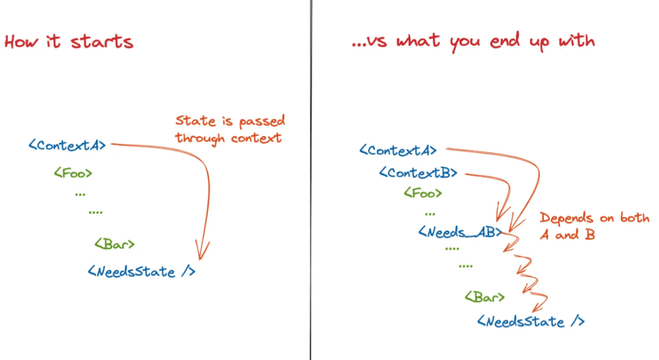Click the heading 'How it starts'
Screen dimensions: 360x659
coord(68,42)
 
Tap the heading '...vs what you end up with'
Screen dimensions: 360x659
coord(473,41)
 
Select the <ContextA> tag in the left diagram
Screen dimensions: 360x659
coord(67,145)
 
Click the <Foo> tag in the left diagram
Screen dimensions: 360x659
coord(73,173)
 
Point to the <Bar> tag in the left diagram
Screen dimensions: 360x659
coord(114,244)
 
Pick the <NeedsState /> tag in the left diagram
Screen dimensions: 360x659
coord(141,272)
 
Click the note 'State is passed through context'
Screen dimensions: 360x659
coord(229,129)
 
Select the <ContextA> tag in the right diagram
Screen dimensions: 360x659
coord(398,150)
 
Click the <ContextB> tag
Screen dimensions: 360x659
coord(418,173)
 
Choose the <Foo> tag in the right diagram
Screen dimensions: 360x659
coord(422,193)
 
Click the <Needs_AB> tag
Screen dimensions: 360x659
coord(459,232)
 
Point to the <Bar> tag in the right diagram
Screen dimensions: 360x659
coord(484,297)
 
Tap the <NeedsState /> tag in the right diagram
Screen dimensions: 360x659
coord(530,321)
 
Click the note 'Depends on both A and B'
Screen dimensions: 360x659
coord(594,226)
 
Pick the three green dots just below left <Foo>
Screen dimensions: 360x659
coord(80,194)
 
